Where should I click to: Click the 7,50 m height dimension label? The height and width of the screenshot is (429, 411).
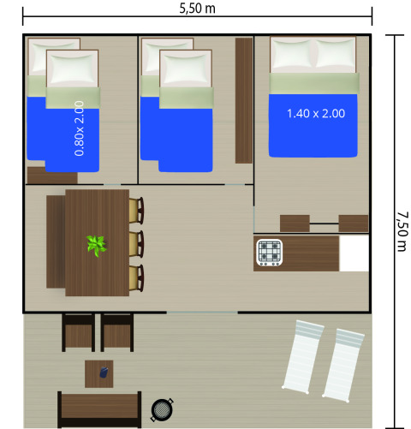coord(402,229)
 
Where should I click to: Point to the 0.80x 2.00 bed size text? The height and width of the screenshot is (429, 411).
coord(79,128)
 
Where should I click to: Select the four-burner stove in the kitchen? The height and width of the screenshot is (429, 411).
coord(269,252)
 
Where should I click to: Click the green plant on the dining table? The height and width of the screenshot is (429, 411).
coord(96,246)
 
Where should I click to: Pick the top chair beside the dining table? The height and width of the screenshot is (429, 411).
coord(136,210)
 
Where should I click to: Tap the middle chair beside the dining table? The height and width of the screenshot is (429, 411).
coord(136,243)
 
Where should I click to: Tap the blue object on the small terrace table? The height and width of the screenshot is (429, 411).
coord(104,372)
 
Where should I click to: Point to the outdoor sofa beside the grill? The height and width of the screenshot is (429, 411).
coord(99,408)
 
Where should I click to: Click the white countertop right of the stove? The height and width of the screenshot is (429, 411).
coord(354,254)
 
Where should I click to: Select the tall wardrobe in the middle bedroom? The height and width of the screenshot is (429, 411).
coord(243,101)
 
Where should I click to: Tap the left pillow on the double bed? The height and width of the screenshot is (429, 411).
coord(292,56)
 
